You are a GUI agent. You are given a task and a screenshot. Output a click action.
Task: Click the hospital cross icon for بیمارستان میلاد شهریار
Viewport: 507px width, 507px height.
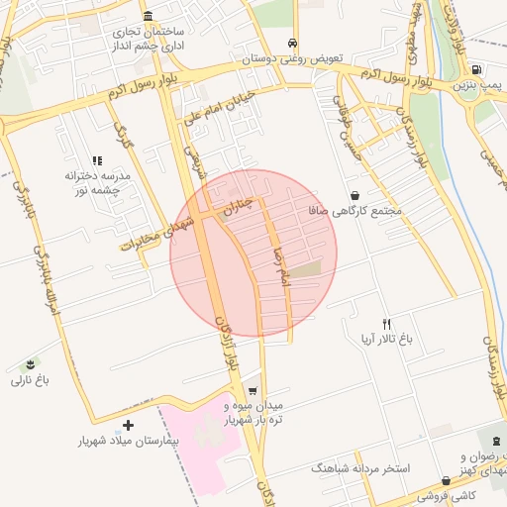pos(128,425)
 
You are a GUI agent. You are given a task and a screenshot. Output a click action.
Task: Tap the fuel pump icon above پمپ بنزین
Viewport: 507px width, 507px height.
pos(477,70)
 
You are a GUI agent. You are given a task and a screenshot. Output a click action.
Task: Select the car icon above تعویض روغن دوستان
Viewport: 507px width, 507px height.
pos(293,44)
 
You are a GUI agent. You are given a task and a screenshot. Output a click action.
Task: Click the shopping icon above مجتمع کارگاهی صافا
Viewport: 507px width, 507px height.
pos(355,196)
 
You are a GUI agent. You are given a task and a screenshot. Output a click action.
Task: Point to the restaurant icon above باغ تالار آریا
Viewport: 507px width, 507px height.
pos(387,323)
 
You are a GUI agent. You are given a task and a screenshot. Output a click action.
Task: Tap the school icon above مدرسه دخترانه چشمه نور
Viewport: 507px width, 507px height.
pos(97,159)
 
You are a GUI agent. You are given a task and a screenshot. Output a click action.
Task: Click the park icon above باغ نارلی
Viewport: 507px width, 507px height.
pos(31,364)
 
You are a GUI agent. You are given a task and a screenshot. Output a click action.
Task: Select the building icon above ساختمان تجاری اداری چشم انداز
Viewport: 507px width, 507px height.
pos(148,17)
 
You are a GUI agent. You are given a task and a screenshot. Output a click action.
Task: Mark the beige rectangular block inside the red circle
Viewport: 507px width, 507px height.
pos(305,268)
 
